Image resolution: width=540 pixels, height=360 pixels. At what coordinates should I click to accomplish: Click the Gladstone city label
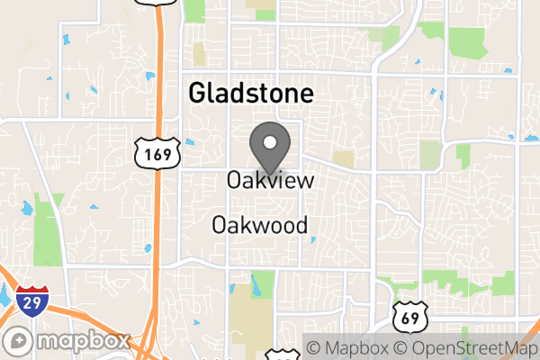click(x=250, y=94)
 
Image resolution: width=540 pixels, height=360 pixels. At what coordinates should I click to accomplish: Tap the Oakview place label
click(x=270, y=180)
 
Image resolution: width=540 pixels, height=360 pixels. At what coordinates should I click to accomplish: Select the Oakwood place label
click(x=260, y=225)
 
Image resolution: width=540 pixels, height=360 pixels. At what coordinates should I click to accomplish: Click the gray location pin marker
click(x=269, y=145)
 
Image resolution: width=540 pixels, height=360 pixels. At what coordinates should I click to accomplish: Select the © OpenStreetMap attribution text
click(x=466, y=347)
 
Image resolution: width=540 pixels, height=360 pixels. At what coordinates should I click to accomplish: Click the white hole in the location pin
click(x=269, y=139)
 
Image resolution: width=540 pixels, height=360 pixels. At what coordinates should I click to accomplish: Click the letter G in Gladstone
click(x=195, y=94)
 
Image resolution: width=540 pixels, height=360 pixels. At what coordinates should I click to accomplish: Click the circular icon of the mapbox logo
click(x=17, y=343)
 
